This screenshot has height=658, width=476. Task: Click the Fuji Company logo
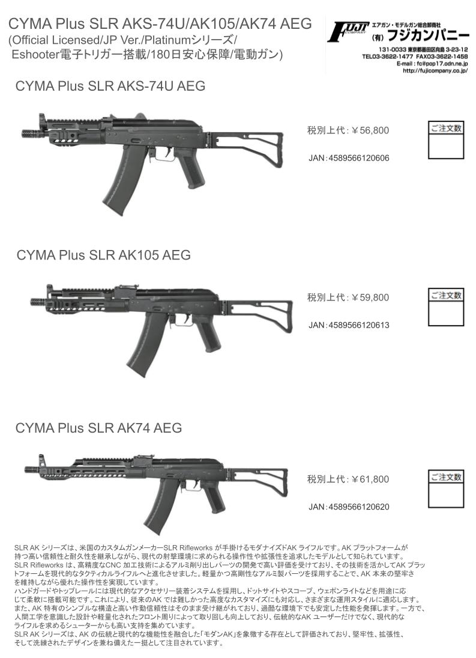348,32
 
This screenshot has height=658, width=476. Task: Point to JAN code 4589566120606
359,158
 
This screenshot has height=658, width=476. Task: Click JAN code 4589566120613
359,325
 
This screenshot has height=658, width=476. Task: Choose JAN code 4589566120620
359,507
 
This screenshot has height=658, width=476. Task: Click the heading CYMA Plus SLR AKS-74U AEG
110,86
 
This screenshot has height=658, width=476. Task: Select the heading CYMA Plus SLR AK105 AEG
103,255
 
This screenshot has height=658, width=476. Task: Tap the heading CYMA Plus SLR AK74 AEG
99,428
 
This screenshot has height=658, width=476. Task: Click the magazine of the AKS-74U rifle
121,180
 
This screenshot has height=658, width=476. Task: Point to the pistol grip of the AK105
208,333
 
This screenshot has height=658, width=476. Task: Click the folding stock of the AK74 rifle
258,483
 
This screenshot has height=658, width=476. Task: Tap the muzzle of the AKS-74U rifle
30,133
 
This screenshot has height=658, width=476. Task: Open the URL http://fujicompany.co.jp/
435,71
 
